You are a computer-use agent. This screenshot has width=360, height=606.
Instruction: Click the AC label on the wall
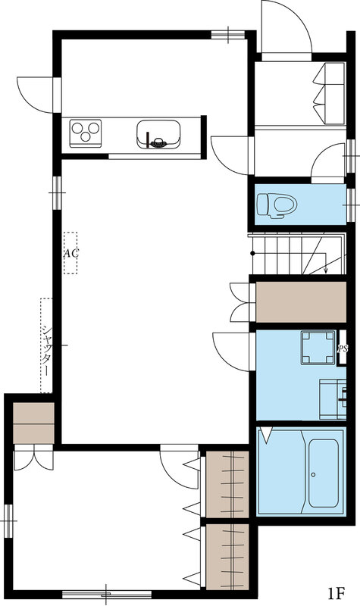tap(70, 254)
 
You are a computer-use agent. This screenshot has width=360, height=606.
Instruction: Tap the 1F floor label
tap(337, 592)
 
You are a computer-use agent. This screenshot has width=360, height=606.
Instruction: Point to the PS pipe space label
tap(343, 348)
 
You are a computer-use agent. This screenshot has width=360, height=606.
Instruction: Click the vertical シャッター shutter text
tap(46, 351)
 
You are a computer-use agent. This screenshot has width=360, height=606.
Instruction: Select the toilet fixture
tap(277, 205)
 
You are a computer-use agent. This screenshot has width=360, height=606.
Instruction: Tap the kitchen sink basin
tap(158, 134)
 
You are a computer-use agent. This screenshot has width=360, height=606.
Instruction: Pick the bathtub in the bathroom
tap(323, 473)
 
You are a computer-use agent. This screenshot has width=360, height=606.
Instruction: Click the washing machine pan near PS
tap(318, 348)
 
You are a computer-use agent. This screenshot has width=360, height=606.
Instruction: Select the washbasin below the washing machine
tap(333, 399)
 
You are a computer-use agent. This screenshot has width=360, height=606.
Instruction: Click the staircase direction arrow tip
tap(326, 273)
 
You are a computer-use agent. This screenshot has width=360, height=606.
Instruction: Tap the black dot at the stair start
tap(252, 253)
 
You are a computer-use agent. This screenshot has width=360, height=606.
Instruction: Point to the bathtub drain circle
tap(313, 475)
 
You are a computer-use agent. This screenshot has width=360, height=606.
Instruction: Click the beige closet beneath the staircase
tap(301, 301)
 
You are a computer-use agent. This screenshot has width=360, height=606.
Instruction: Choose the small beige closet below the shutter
tap(33, 423)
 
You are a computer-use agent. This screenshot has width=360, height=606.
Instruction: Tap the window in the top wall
tap(228, 35)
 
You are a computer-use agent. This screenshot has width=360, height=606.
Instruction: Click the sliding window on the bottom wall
tap(107, 595)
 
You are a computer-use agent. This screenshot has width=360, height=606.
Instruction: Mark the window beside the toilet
tap(351, 205)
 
